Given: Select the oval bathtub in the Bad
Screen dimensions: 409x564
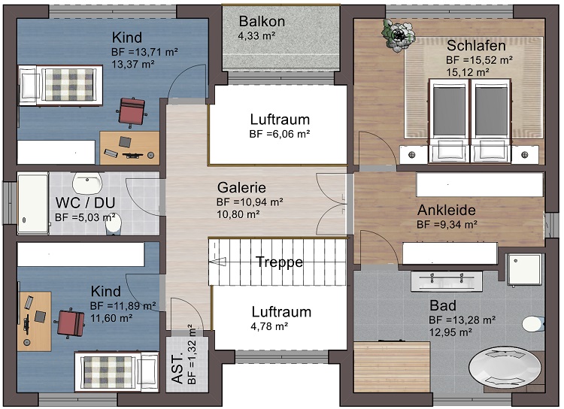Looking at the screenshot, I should [x=505, y=368].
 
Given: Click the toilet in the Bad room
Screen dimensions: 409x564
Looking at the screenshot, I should [x=533, y=324].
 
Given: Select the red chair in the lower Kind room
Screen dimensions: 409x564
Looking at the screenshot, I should [x=70, y=322].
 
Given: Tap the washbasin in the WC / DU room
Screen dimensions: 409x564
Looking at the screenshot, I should [x=88, y=183].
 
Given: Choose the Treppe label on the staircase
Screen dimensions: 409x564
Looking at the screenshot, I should [x=279, y=262].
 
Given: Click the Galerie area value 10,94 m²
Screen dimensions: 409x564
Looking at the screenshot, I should [x=250, y=201].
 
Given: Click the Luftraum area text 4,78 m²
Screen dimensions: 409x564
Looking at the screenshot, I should [x=270, y=326].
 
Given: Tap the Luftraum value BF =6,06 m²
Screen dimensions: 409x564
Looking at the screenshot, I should [x=280, y=134].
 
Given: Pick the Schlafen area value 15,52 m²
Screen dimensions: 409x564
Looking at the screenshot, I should [x=479, y=59].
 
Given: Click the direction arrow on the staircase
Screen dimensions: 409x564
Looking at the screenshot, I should [x=220, y=262].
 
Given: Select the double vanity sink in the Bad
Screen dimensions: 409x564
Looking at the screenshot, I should [x=446, y=280].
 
